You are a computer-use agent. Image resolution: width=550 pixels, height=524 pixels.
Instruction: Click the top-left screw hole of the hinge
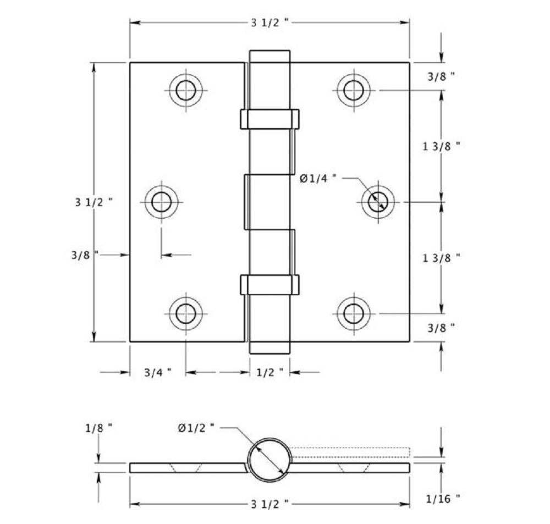(x=186, y=89)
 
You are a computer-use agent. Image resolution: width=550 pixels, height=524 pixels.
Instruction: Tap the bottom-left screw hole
(x=186, y=313)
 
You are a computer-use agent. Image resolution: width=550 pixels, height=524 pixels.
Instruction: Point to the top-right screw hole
(x=353, y=89)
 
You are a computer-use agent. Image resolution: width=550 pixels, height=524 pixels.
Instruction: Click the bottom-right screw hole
(x=353, y=313)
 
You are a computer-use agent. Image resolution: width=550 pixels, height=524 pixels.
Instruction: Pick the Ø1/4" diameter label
(x=318, y=178)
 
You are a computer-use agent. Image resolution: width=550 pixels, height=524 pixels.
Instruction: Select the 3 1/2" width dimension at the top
(x=270, y=23)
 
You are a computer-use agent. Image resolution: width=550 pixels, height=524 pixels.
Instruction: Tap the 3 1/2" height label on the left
(x=94, y=201)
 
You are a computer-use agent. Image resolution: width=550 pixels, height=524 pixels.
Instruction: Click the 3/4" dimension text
(x=157, y=372)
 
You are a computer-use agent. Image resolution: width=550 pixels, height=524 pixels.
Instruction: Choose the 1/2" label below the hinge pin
(x=269, y=372)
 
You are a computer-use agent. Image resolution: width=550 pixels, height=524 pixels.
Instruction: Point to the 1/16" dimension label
(x=443, y=499)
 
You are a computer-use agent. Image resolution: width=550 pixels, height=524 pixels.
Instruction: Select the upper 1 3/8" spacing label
(x=441, y=146)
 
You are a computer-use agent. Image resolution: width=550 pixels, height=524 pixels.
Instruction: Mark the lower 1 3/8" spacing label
(x=441, y=257)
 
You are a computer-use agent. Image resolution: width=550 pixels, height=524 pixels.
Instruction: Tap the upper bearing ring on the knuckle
(x=269, y=118)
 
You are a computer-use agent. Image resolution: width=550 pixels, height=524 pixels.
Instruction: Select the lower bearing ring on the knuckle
(x=269, y=284)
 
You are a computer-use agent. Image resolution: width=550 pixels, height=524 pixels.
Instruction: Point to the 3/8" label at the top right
(x=441, y=77)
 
